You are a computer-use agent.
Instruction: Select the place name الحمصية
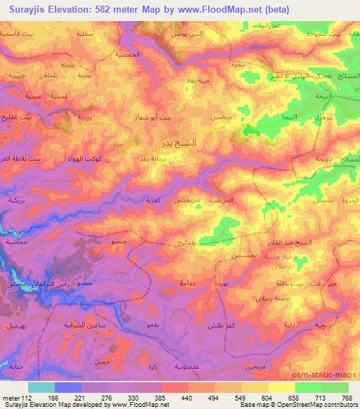pyautogui.click(x=148, y=54)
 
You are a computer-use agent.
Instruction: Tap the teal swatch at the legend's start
pyautogui.click(x=42, y=387)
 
